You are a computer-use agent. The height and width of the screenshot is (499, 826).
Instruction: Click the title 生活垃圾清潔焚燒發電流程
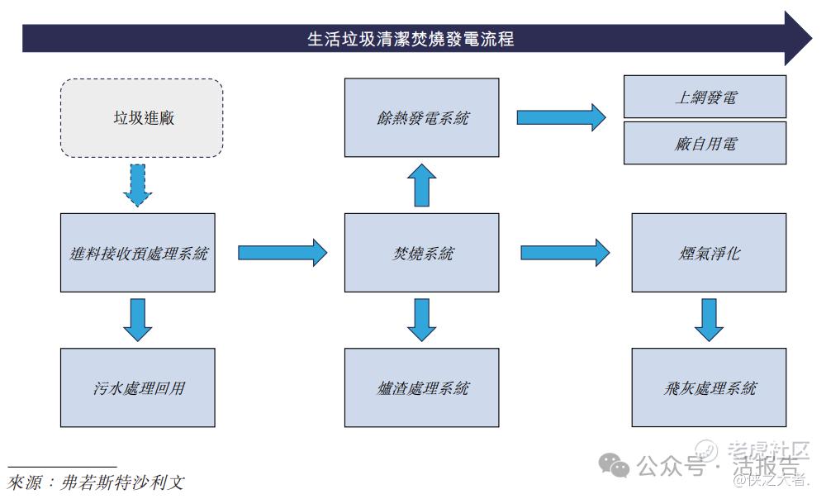411,39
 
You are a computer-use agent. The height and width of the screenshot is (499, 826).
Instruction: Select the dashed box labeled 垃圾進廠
142,118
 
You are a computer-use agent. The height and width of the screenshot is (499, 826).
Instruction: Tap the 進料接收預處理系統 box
138,253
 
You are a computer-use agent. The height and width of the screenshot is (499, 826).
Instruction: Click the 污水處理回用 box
138,387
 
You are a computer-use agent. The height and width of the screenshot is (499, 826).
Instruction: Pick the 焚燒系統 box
421,253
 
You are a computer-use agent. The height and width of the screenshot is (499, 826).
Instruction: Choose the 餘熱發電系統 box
421,118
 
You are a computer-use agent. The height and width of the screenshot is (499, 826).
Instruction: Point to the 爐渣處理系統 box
421,387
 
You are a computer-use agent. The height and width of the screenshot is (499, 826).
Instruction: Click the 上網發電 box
705,97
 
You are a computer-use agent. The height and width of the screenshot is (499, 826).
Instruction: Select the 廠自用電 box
705,144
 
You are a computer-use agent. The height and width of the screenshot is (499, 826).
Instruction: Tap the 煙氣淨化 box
709,253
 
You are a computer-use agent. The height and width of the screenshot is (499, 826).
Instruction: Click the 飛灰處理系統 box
709,387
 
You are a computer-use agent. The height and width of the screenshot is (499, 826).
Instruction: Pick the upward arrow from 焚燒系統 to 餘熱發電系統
421,185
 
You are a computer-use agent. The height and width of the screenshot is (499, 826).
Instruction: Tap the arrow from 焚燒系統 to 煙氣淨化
565,252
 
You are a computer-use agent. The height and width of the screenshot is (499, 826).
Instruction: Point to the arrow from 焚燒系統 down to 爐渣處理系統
421,320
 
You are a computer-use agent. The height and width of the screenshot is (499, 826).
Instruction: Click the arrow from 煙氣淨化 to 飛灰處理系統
709,320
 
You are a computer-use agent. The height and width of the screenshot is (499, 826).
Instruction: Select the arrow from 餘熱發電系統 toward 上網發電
561,117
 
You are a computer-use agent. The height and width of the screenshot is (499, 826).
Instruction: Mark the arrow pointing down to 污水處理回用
138,320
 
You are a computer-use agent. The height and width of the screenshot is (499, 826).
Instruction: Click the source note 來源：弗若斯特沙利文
95,482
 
